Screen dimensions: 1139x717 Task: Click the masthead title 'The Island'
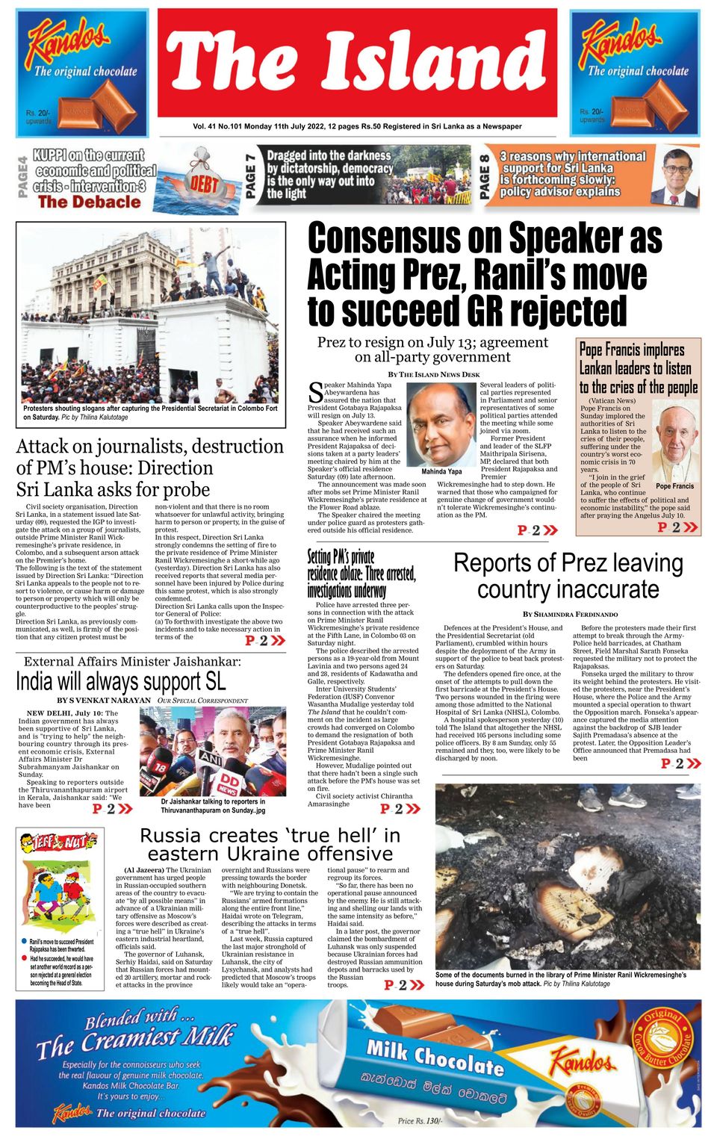tap(357, 63)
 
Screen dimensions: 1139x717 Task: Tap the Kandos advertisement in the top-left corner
tap(82, 73)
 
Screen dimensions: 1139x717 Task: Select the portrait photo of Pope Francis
tap(675, 442)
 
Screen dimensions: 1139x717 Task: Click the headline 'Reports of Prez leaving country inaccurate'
tap(568, 576)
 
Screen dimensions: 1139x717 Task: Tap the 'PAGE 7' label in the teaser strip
tap(252, 176)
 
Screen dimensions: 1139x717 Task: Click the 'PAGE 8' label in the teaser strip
tap(485, 176)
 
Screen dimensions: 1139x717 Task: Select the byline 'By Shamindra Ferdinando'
tap(570, 614)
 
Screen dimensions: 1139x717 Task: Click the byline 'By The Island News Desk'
tap(433, 373)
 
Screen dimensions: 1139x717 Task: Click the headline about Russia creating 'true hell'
tap(270, 844)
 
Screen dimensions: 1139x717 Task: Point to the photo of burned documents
tap(568, 876)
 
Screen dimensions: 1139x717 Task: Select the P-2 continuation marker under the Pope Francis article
tap(677, 527)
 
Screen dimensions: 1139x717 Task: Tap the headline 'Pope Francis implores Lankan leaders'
tap(639, 368)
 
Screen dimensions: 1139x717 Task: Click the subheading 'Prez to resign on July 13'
tap(432, 350)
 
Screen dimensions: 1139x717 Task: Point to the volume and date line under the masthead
tap(357, 126)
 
